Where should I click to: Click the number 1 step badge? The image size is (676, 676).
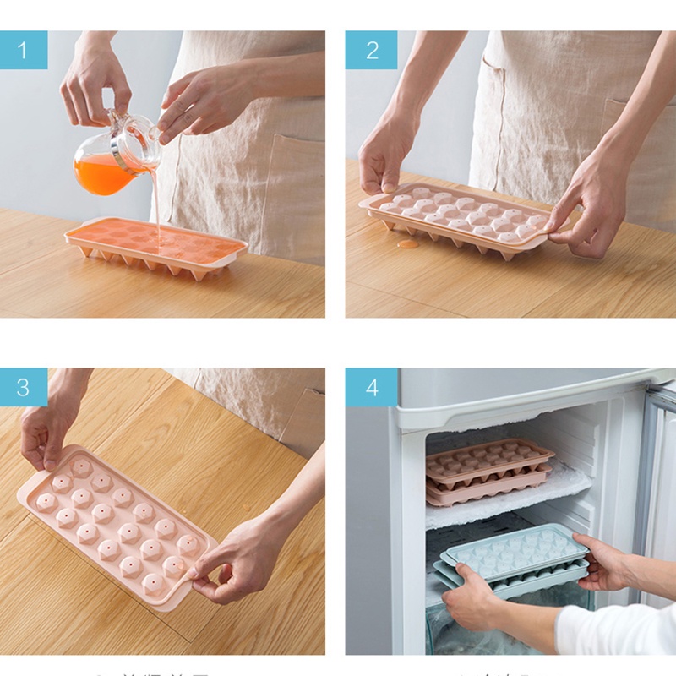click(x=23, y=50)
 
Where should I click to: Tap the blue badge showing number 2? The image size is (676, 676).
click(x=371, y=50)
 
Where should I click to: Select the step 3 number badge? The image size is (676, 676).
click(x=23, y=387)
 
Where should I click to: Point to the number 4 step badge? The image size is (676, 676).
click(x=371, y=387)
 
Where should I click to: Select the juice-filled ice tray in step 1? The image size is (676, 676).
click(x=156, y=245)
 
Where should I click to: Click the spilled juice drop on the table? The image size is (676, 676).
click(x=408, y=244)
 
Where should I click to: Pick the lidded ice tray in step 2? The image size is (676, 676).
click(x=456, y=218)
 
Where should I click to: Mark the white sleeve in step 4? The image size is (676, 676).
click(x=617, y=630)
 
